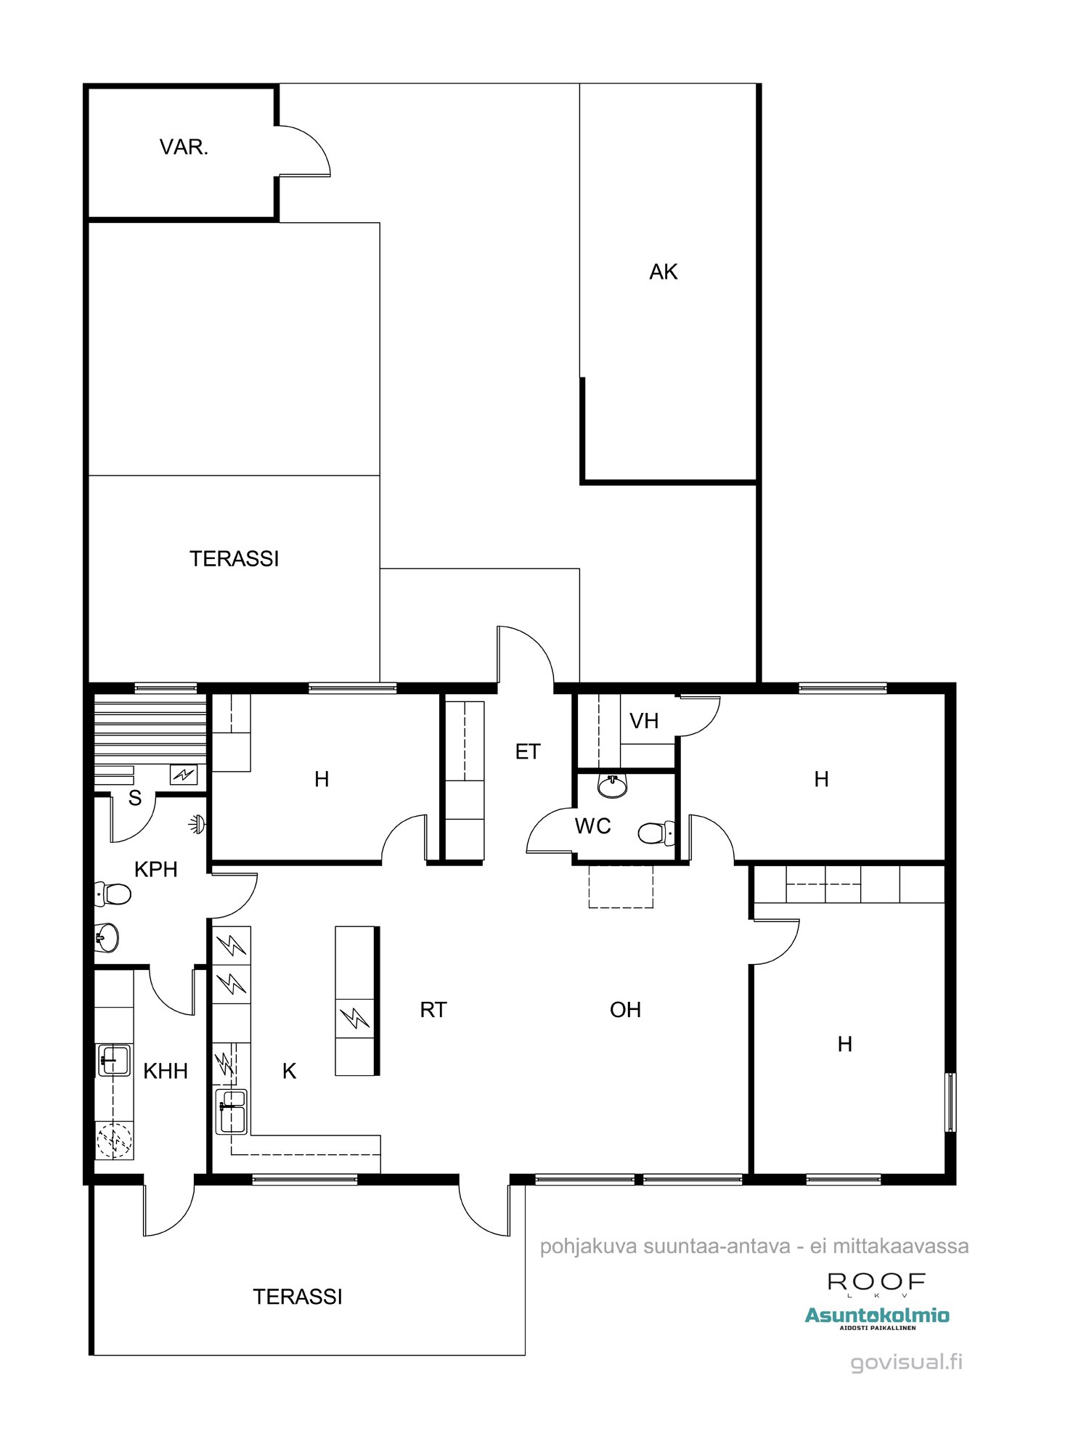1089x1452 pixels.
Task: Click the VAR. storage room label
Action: click(x=184, y=147)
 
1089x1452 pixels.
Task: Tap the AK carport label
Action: click(x=664, y=272)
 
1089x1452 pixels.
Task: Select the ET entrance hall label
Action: click(x=528, y=751)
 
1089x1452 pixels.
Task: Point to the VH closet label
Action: click(x=644, y=721)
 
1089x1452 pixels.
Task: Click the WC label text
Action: click(x=592, y=825)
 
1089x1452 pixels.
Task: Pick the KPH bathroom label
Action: click(x=156, y=869)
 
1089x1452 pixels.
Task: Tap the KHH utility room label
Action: click(x=166, y=1071)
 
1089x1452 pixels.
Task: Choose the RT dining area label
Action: click(x=433, y=1010)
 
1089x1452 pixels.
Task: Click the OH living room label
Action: click(x=625, y=1010)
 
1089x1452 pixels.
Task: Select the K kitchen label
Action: click(x=289, y=1071)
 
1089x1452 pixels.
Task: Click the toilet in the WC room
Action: click(x=656, y=833)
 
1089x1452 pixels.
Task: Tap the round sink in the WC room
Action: click(x=612, y=786)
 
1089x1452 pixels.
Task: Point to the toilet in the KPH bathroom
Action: click(x=113, y=894)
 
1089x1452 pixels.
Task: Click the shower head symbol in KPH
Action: click(x=197, y=824)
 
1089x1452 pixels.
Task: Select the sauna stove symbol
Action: click(x=184, y=775)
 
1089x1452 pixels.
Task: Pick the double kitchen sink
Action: click(x=232, y=1112)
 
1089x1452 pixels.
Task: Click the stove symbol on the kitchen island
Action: click(x=354, y=1018)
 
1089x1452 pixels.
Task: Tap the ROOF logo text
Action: click(x=876, y=1284)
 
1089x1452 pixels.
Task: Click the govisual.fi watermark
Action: click(x=907, y=1362)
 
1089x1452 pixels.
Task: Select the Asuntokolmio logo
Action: click(x=877, y=1317)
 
